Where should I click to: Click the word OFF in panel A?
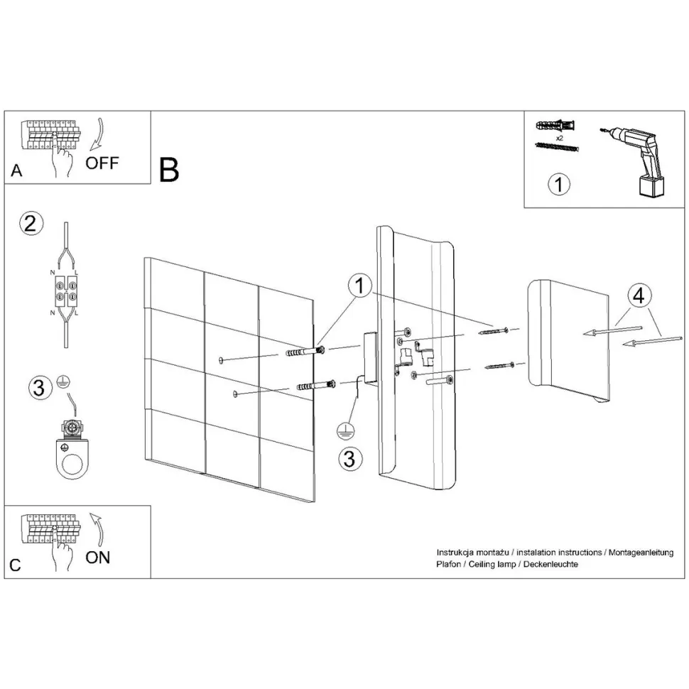tap(102, 163)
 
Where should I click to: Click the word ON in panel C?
tap(98, 557)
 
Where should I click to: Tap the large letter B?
tap(169, 169)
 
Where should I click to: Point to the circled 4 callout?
tap(637, 295)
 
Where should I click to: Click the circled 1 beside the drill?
tap(560, 184)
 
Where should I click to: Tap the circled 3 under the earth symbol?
tap(348, 458)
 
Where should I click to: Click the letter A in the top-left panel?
tap(16, 171)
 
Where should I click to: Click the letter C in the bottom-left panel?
tap(16, 565)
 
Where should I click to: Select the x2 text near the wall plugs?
tap(559, 137)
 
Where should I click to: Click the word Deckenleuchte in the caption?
tap(553, 564)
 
